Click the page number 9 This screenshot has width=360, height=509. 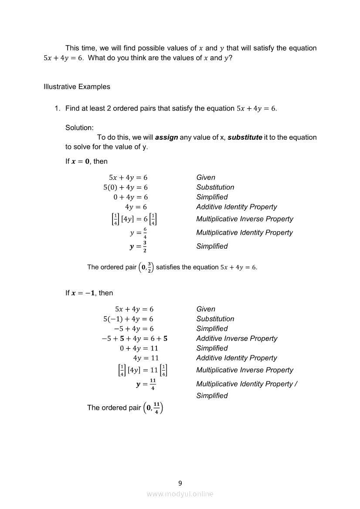click(180, 483)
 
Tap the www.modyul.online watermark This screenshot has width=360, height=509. click(180, 494)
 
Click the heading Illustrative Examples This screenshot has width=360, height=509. click(77, 87)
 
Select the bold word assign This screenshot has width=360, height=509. click(166, 137)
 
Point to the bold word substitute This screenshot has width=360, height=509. click(245, 137)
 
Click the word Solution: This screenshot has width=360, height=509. click(79, 128)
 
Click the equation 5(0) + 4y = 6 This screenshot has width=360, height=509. click(126, 187)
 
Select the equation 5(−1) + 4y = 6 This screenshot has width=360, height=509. click(128, 319)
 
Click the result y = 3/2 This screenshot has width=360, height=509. click(136, 246)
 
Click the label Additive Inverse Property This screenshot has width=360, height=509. click(236, 338)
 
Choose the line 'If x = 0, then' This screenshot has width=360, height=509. click(86, 161)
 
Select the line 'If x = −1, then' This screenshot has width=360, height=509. click(89, 293)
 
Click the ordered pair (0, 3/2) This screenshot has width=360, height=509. click(146, 267)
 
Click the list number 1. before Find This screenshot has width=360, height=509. click(57, 108)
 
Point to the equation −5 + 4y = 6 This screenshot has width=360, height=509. click(133, 329)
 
